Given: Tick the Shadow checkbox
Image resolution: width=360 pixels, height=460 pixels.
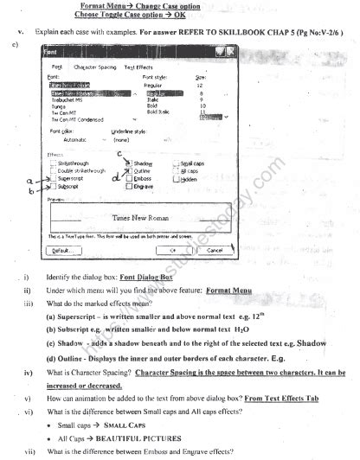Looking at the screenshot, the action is click(x=129, y=163).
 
